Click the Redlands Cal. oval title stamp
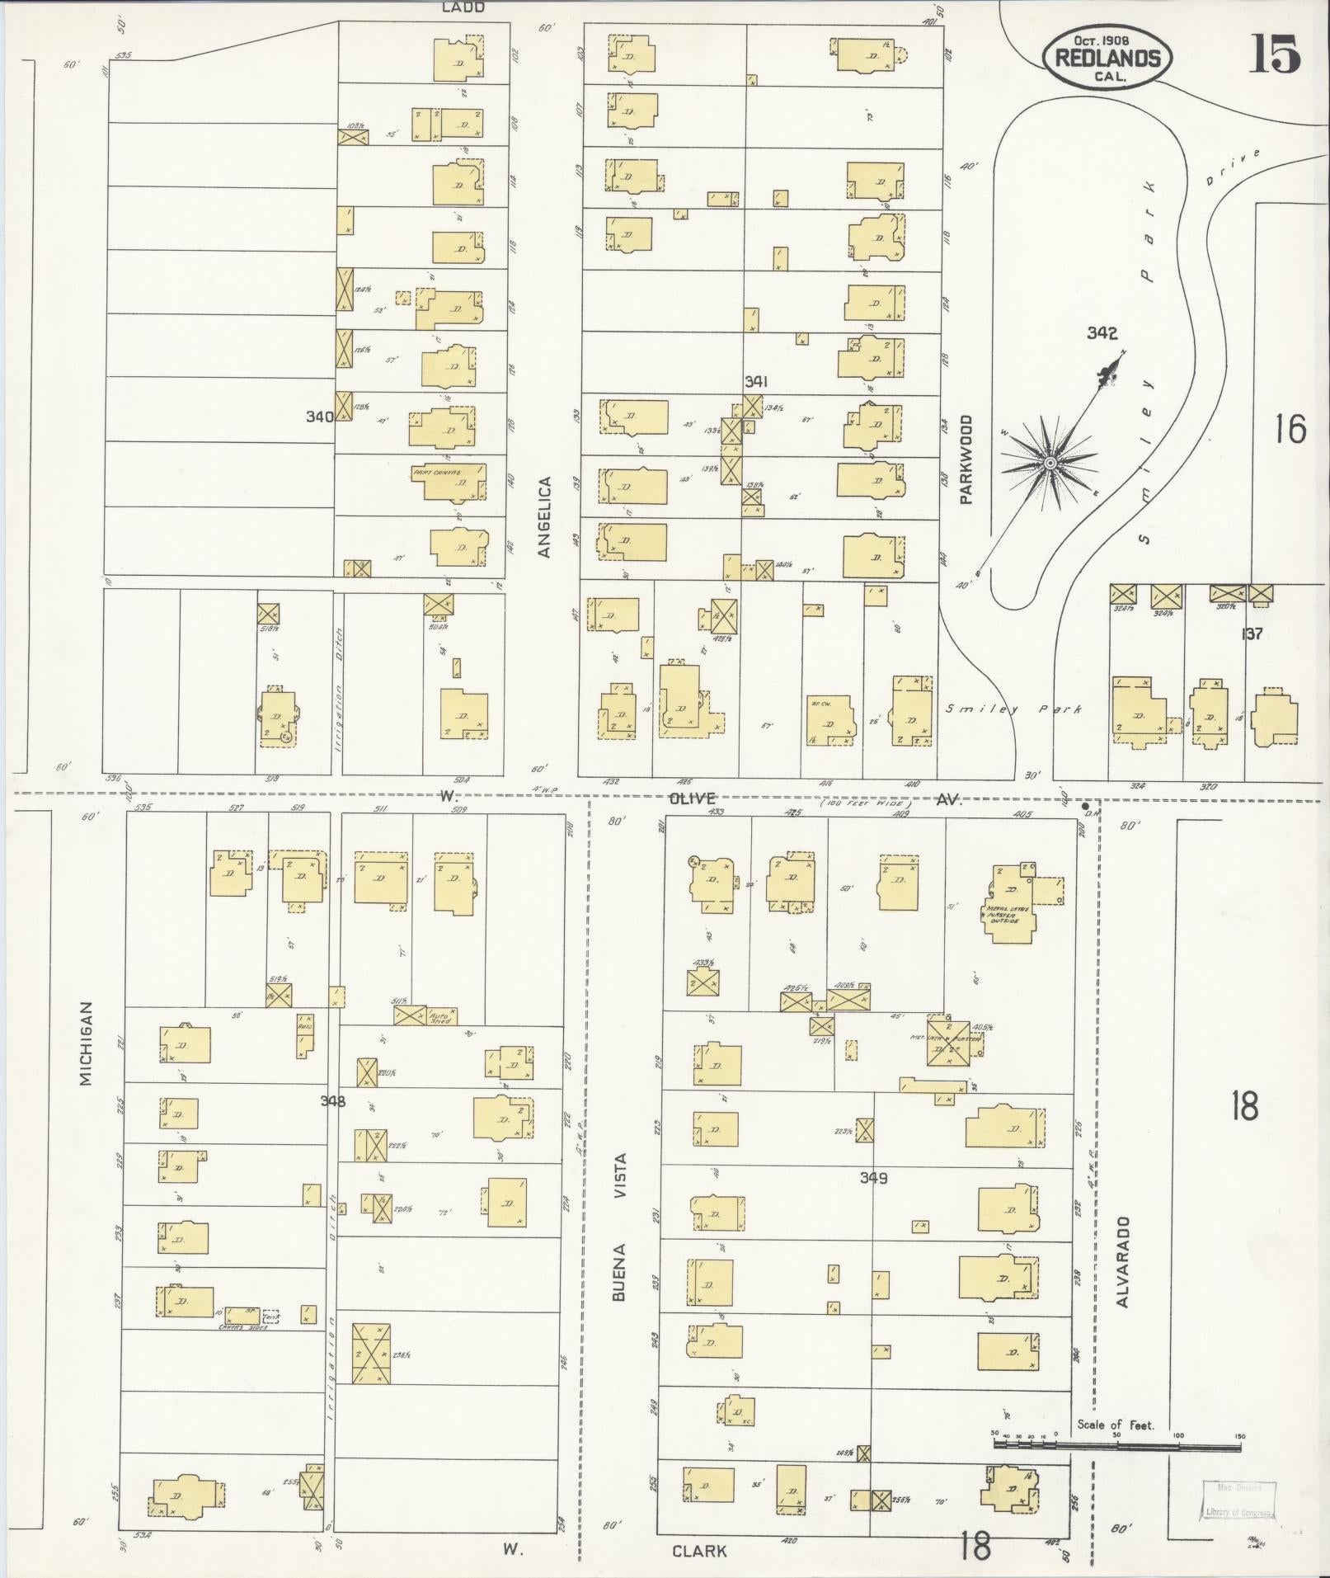[1106, 58]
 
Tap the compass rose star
[1050, 464]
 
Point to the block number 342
[1102, 333]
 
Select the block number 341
[756, 382]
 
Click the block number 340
[319, 417]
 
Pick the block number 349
[873, 1178]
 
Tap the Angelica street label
[544, 517]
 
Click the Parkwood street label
[966, 459]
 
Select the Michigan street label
[87, 1043]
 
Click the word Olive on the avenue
[692, 798]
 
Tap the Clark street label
[699, 1551]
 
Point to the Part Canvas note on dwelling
[436, 473]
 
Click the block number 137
[1252, 634]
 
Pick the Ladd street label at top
[463, 7]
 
